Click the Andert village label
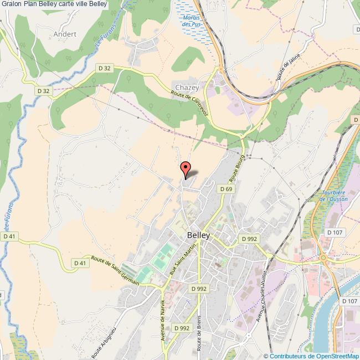pos(65,34)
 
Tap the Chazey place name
pos(187,88)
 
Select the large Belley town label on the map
pos(198,235)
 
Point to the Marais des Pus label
pos(193,22)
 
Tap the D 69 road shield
pos(225,189)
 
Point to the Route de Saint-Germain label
pos(115,271)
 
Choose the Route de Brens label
pos(199,332)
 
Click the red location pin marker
pos(186,168)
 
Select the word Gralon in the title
pos(12,4)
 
